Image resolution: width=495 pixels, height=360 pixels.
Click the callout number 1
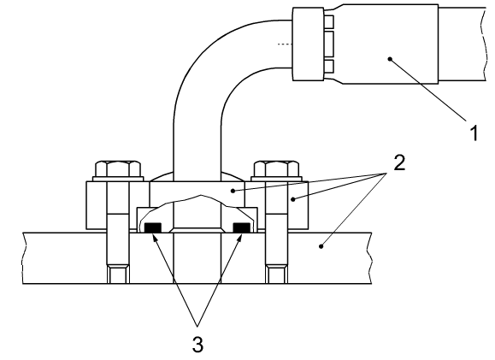(474, 133)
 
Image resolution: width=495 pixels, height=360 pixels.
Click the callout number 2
(399, 163)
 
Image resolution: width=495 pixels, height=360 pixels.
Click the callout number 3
(197, 344)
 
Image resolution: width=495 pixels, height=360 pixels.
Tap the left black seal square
(153, 227)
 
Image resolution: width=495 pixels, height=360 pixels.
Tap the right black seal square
(241, 227)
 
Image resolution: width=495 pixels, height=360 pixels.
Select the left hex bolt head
(118, 169)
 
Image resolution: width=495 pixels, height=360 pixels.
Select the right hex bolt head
(276, 169)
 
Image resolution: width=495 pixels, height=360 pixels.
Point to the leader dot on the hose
(390, 59)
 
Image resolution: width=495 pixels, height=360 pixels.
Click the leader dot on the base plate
(321, 246)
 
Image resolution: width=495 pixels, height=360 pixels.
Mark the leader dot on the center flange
(233, 191)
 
